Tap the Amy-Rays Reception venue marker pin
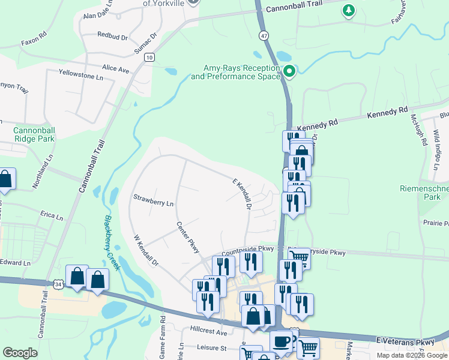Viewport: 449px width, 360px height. pyautogui.click(x=289, y=72)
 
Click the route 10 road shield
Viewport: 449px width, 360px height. pyautogui.click(x=149, y=57)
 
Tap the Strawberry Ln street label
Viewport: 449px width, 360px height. pyautogui.click(x=153, y=200)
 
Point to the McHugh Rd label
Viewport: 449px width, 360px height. pyautogui.click(x=419, y=131)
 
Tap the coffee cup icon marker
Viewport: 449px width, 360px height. pyautogui.click(x=281, y=342)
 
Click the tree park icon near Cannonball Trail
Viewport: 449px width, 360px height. pyautogui.click(x=348, y=10)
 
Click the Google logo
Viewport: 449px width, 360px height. pyautogui.click(x=20, y=353)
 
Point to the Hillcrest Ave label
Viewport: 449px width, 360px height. pyautogui.click(x=209, y=332)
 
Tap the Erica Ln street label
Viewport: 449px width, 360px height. pyautogui.click(x=52, y=215)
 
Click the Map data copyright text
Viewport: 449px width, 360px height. pyautogui.click(x=411, y=355)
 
